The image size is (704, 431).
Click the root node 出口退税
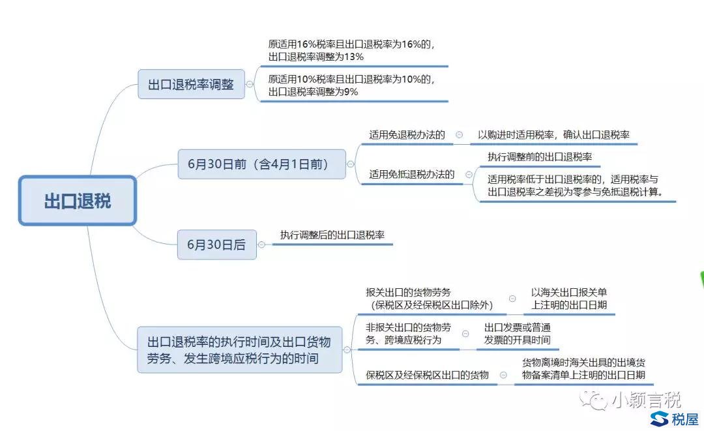pos(77,201)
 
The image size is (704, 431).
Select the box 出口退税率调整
pos(191,84)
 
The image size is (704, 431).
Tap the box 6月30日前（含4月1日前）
pos(262,164)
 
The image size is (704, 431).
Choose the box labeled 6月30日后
pos(217,245)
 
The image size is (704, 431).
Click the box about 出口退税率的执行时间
pos(239,349)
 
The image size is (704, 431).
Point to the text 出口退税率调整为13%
pos(316,57)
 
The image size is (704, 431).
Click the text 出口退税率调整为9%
pos(314,92)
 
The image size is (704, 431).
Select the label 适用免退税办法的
pos(407,135)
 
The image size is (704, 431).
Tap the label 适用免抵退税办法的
pos(412,174)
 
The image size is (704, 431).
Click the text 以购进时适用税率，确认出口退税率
pos(553,135)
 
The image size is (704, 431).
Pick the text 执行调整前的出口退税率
pos(540,156)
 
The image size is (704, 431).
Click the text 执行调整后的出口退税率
pos(332,235)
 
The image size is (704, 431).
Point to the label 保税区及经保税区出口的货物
pos(427,375)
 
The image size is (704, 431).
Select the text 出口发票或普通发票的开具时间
pos(517,334)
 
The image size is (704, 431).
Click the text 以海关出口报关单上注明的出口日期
pos(569,299)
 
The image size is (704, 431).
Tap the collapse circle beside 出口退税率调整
pos(250,84)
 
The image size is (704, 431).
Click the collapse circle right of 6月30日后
pos(261,245)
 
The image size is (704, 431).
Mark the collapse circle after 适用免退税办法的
pos(460,135)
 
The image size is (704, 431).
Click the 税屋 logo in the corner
pos(675,419)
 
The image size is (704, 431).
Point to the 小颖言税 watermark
pos(631,400)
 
